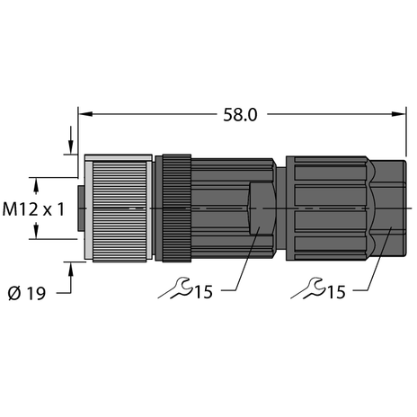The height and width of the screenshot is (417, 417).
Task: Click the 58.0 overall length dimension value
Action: pos(240,115)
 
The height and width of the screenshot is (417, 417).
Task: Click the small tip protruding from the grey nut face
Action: pos(80,208)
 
